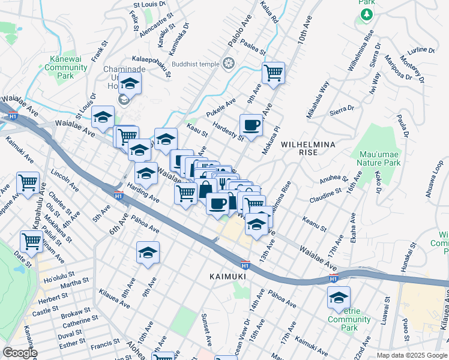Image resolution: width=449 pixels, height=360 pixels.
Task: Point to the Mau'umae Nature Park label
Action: [378, 158]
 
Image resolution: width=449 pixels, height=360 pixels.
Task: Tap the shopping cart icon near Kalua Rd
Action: [273, 73]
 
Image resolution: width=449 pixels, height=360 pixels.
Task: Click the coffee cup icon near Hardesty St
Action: [251, 125]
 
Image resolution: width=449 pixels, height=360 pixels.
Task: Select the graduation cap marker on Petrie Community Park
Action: [339, 298]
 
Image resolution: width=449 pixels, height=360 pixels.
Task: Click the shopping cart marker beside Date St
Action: [32, 242]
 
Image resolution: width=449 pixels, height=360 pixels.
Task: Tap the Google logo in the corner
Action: [20, 353]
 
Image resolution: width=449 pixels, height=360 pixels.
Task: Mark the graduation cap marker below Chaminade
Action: [129, 85]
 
